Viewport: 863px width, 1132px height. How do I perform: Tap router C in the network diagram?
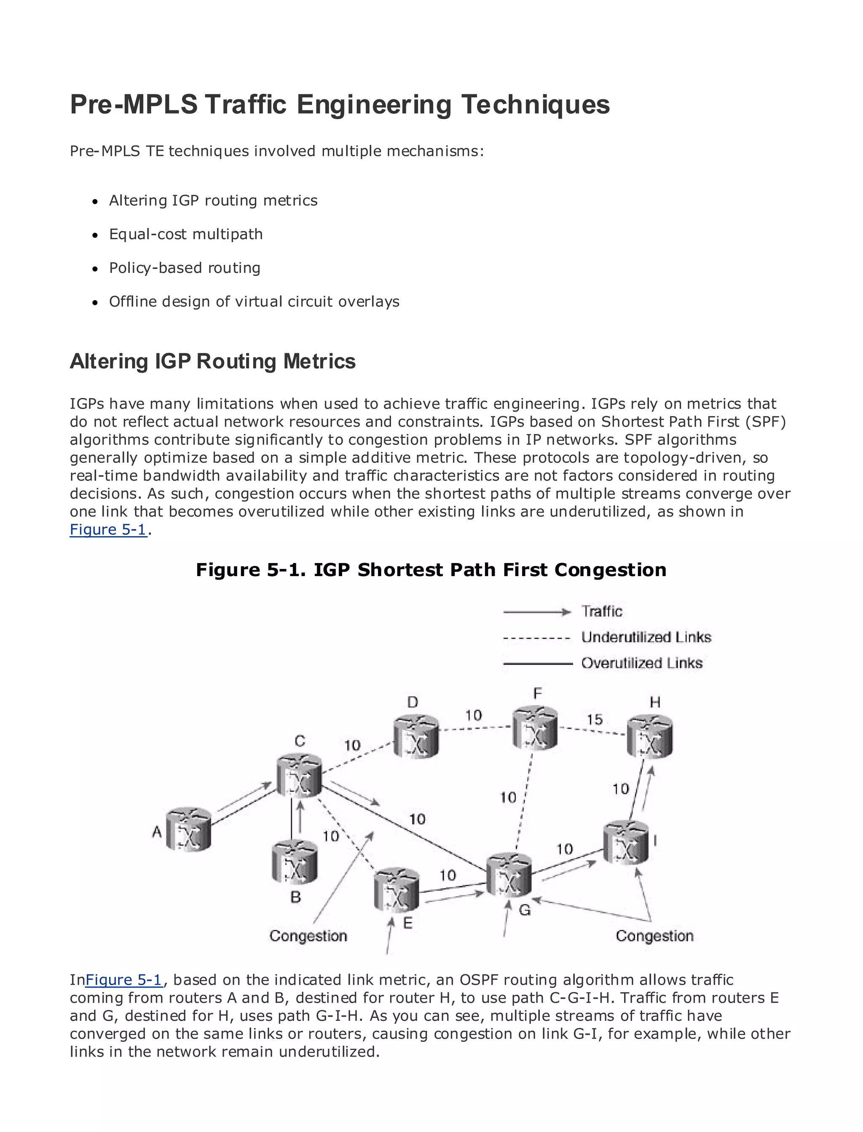pos(299,776)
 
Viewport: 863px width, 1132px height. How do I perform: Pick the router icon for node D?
pos(416,737)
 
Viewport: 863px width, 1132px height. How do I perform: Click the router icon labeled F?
pos(535,728)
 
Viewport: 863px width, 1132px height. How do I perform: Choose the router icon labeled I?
pos(626,842)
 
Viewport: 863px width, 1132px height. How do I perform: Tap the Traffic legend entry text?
pos(602,611)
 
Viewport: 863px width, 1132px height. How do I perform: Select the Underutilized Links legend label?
pos(646,637)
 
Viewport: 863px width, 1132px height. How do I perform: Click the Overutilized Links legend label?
pos(642,663)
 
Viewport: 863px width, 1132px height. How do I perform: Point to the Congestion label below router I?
pos(654,936)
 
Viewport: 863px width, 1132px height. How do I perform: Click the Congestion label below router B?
pos(308,936)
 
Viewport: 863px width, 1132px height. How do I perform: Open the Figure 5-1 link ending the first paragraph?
pos(108,529)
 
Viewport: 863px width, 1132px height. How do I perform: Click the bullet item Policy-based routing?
pos(185,268)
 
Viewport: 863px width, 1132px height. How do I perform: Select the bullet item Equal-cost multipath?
pos(185,234)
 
